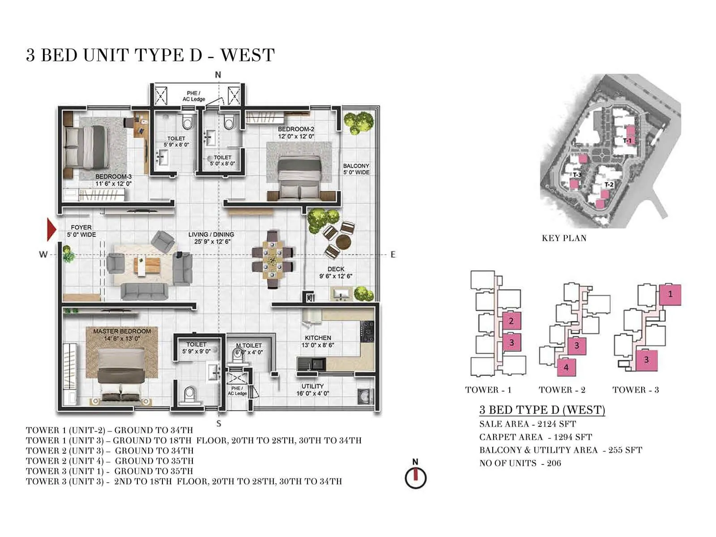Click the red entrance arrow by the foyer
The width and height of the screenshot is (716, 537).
point(51,229)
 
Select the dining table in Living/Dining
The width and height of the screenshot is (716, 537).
point(273,260)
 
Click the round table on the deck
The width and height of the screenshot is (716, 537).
point(344,241)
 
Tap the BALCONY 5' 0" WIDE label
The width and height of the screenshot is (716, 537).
point(356,169)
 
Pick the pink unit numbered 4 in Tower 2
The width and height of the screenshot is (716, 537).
point(566,367)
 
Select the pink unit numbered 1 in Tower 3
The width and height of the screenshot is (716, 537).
point(670,294)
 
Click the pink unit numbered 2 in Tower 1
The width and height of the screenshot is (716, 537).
point(511,320)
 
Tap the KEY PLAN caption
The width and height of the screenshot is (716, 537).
point(564,238)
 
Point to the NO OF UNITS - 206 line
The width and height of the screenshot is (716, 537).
point(520,463)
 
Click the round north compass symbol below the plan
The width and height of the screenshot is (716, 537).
point(416,477)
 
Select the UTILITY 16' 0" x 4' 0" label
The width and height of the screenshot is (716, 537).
point(312,390)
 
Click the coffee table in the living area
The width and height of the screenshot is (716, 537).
point(142,265)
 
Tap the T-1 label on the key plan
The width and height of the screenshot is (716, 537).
point(627,141)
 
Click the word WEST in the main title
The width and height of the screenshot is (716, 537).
point(247,55)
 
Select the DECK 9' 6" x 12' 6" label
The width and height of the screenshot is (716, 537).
point(336,273)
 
